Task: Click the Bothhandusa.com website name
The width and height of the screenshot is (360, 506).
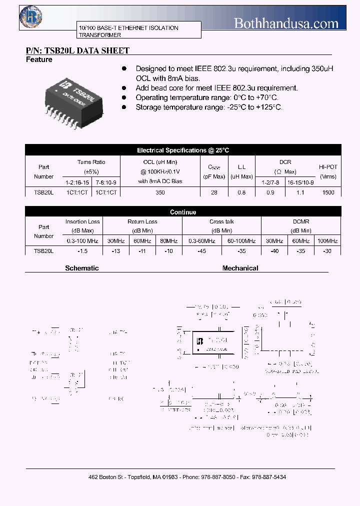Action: [286, 22]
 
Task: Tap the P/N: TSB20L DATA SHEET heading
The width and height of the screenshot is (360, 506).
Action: [77, 50]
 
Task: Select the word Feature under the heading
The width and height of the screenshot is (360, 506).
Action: [39, 60]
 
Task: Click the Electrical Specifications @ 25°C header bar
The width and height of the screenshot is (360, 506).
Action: [183, 150]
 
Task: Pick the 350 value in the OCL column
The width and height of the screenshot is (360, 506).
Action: [160, 192]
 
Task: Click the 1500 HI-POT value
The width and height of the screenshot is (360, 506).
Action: [328, 192]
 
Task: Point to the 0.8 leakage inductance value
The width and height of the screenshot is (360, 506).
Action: [241, 192]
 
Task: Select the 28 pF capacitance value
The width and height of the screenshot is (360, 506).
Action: [214, 192]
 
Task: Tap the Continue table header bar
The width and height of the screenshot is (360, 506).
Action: [183, 212]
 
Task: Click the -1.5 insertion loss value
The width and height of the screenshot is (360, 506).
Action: [82, 251]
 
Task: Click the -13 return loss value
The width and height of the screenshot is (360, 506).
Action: [115, 251]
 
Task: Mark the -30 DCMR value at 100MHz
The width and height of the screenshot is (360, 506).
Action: [327, 251]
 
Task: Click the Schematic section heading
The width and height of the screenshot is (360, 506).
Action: [82, 268]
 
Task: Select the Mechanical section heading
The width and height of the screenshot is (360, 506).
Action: [240, 268]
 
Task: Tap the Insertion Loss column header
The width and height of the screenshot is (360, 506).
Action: [82, 221]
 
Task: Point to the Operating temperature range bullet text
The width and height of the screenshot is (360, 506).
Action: [207, 98]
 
